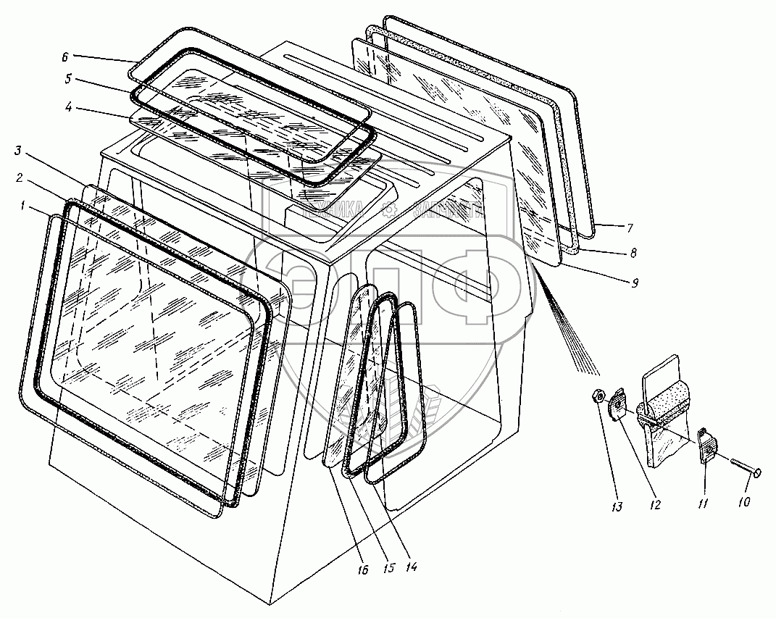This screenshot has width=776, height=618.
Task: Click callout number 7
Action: click(630, 228)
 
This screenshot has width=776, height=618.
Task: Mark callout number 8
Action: click(633, 254)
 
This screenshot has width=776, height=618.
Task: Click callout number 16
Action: click(362, 570)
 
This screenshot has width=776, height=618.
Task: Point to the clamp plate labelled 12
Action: click(619, 403)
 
